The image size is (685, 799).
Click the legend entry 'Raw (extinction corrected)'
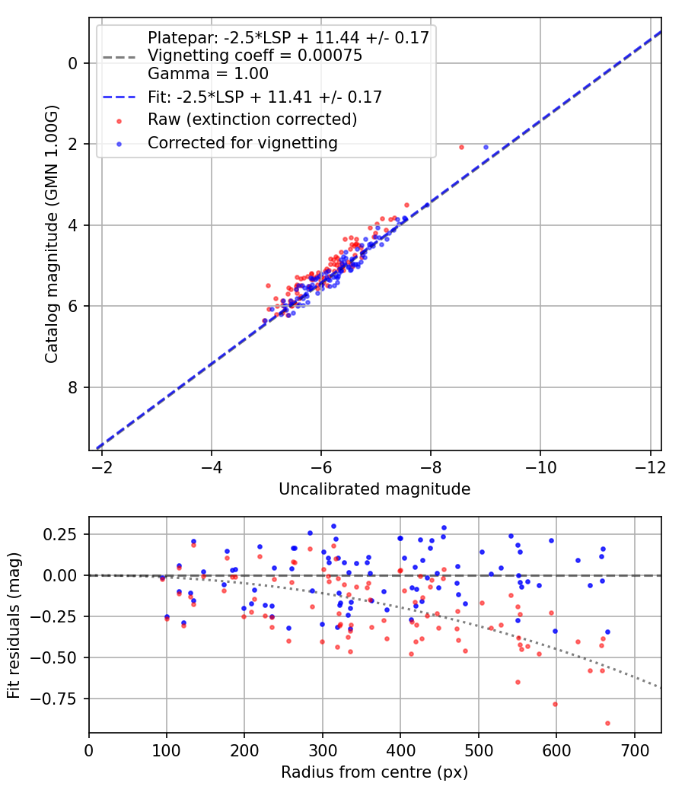click(x=252, y=119)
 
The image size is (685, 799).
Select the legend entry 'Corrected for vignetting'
click(x=242, y=142)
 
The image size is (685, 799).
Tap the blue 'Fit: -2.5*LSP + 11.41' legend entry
click(x=264, y=97)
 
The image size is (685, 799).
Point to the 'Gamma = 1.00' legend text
click(x=208, y=74)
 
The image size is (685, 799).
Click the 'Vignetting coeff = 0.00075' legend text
click(x=254, y=56)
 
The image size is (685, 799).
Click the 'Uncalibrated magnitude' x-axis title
click(x=374, y=489)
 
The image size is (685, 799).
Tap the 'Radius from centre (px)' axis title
click(x=374, y=772)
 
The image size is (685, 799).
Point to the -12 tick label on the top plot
click(x=649, y=466)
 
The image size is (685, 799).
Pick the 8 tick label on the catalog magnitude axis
click(x=73, y=387)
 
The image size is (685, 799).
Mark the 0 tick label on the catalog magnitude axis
click(x=73, y=63)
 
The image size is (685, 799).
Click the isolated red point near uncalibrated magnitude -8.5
click(x=461, y=147)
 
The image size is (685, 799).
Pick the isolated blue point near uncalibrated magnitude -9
click(x=486, y=147)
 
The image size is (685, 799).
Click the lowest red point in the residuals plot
click(x=607, y=723)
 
